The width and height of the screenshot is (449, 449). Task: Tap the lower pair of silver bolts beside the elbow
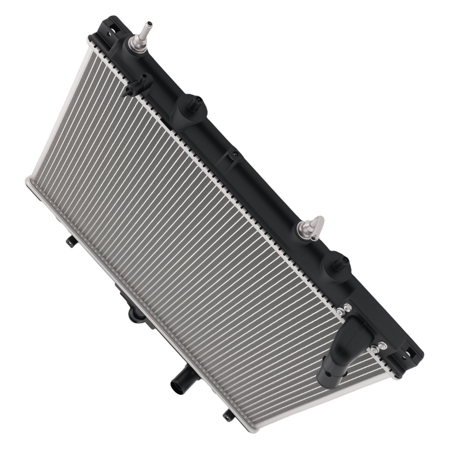click(x=378, y=347)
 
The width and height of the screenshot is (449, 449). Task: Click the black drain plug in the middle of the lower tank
click(x=135, y=314)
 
